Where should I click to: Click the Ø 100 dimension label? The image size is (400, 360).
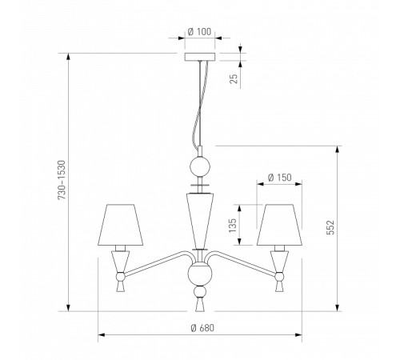(x=199, y=32)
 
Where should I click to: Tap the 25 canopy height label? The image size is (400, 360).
(x=234, y=78)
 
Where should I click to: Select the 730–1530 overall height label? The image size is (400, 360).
(x=62, y=180)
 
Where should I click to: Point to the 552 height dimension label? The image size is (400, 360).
(x=330, y=227)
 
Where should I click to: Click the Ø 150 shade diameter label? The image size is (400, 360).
(x=279, y=178)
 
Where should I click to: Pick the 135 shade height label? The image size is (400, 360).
(x=233, y=226)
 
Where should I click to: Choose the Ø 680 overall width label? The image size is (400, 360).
(x=202, y=328)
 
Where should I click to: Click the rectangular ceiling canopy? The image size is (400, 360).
(x=200, y=57)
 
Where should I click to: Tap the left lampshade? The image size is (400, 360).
(x=120, y=225)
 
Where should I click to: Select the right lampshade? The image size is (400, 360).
(x=279, y=225)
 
